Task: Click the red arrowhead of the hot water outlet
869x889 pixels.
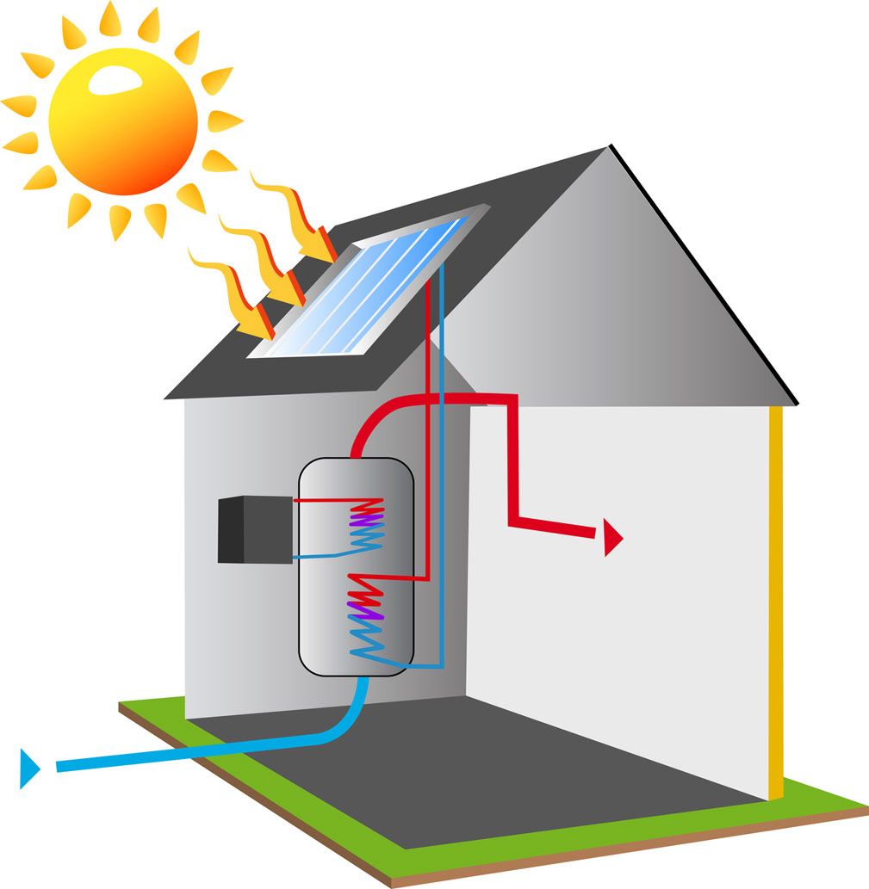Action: pos(612,538)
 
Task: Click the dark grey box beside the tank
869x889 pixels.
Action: pos(241,530)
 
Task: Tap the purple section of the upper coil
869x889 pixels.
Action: pos(363,520)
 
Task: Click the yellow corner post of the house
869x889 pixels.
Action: pos(776,602)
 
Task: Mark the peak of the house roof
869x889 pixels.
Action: pos(610,147)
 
